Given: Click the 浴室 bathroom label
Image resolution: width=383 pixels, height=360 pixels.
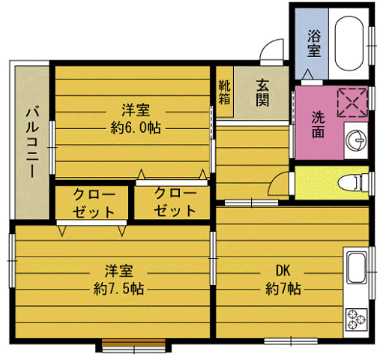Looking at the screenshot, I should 313,43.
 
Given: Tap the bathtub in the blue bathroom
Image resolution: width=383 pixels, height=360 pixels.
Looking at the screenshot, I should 349,42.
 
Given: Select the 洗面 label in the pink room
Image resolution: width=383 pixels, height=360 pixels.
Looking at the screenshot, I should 318,124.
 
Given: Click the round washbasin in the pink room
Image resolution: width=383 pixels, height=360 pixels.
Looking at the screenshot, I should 355,139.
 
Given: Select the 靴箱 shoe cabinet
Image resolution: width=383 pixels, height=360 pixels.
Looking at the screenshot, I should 224,91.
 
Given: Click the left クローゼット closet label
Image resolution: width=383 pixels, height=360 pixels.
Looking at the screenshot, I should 93,202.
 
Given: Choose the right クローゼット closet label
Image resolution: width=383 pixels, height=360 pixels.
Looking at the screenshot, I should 175,202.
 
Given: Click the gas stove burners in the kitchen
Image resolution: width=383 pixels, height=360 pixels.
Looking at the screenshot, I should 355,319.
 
